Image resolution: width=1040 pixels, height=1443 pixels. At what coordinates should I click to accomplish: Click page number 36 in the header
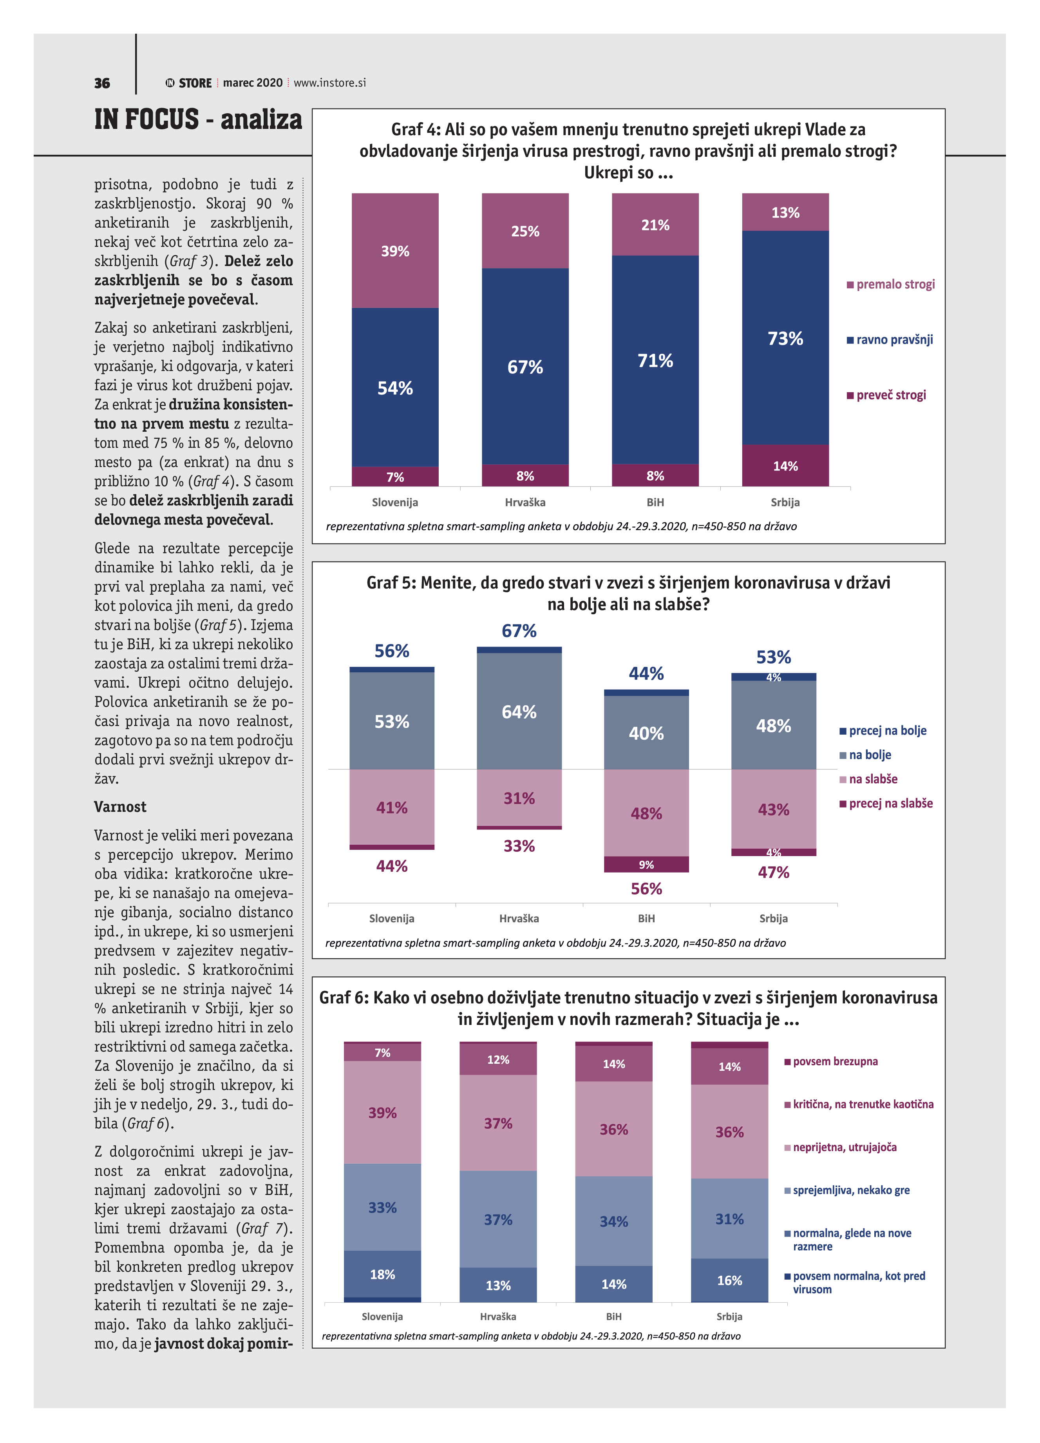(102, 83)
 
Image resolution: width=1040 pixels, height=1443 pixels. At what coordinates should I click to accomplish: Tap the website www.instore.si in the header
(329, 83)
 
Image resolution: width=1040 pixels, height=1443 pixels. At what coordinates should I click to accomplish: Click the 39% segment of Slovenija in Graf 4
(395, 251)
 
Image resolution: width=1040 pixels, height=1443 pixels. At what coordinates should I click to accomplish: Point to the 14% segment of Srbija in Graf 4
(785, 466)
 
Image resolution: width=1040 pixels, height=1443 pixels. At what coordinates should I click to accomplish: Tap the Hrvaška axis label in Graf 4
(525, 502)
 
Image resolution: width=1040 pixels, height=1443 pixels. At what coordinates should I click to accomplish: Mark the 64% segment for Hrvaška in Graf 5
(519, 712)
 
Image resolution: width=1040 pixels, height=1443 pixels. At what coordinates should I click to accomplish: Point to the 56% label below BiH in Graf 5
(646, 889)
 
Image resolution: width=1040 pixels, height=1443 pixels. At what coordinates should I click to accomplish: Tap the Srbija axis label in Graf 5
(774, 918)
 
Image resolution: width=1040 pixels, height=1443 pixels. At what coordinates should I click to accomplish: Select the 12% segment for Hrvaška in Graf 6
(498, 1060)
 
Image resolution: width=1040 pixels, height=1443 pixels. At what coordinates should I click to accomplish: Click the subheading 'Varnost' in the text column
(120, 807)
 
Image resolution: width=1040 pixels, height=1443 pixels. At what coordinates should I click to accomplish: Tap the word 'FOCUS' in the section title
(163, 119)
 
